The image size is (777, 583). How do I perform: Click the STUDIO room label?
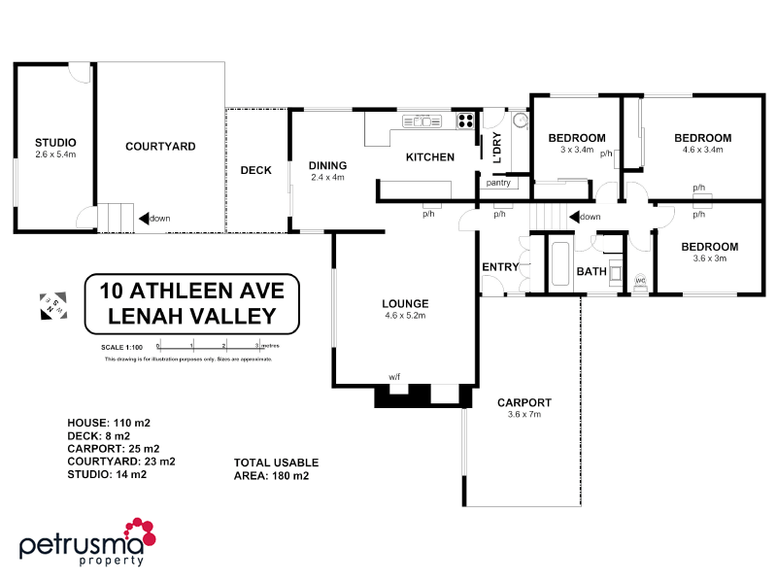55,144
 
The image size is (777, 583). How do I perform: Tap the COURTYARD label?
160,147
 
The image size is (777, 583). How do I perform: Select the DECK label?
255,170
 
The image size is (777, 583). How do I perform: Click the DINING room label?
327,165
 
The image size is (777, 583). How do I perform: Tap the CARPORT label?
524,402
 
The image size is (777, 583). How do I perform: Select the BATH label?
591,271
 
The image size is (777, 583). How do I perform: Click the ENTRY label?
501,266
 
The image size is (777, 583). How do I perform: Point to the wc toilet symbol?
640,282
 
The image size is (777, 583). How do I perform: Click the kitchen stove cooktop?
465,121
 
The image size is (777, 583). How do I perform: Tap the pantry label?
498,182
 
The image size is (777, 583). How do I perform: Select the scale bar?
219,345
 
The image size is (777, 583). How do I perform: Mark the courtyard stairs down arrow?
143,219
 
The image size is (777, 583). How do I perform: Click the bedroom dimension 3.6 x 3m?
709,258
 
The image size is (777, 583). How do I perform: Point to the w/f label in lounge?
395,376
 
